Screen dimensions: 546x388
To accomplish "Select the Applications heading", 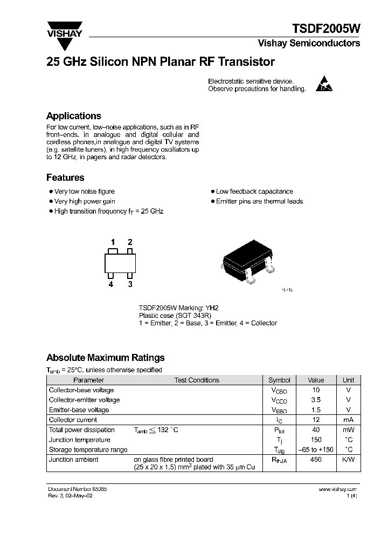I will [73, 116].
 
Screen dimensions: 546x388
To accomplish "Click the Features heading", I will [65, 178].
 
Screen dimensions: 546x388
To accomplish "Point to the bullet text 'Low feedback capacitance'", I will [254, 192].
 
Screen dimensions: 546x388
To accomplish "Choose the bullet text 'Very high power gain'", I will [85, 201].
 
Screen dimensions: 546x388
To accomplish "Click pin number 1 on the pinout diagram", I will [113, 242].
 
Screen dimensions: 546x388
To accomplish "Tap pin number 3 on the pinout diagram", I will [130, 284].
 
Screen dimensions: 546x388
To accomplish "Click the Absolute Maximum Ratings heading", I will [106, 358].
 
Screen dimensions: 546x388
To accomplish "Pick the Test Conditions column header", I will [197, 380].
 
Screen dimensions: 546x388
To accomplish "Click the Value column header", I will [316, 380].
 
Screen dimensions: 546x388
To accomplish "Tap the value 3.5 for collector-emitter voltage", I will [316, 400].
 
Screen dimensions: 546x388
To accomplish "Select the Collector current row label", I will [73, 420].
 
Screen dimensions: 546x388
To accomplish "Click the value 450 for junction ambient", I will [316, 459].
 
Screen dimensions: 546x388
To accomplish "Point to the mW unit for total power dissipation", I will [349, 430].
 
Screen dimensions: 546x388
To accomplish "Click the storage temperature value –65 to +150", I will [316, 449].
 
